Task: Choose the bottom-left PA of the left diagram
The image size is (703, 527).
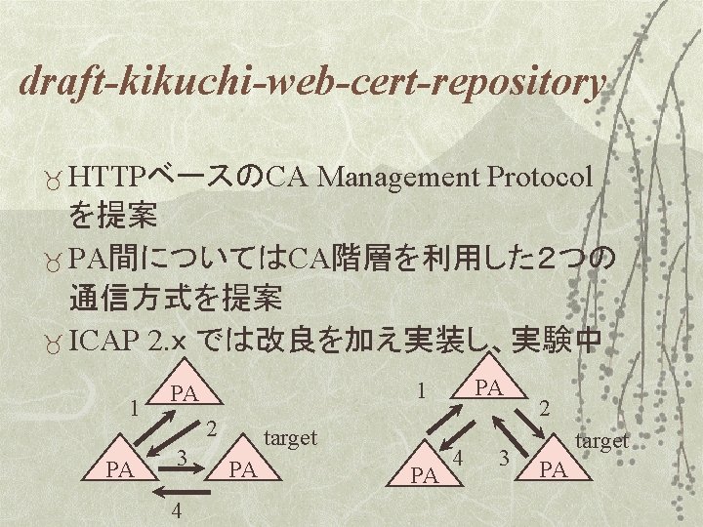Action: [x=120, y=470]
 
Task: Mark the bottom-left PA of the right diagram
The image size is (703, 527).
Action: [x=424, y=477]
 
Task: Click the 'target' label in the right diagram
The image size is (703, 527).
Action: [x=600, y=441]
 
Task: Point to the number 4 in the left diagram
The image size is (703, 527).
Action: [x=174, y=511]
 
